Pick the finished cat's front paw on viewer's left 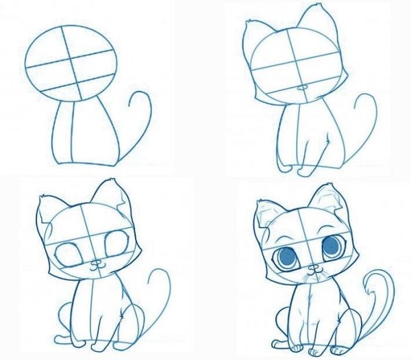coord(301,344)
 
